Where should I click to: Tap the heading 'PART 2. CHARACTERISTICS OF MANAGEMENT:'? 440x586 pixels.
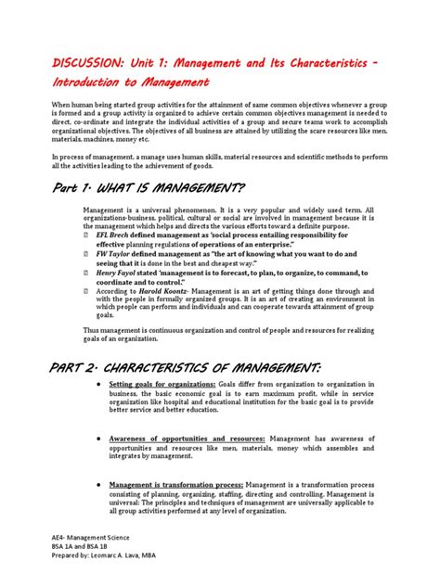[x=188, y=370]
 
